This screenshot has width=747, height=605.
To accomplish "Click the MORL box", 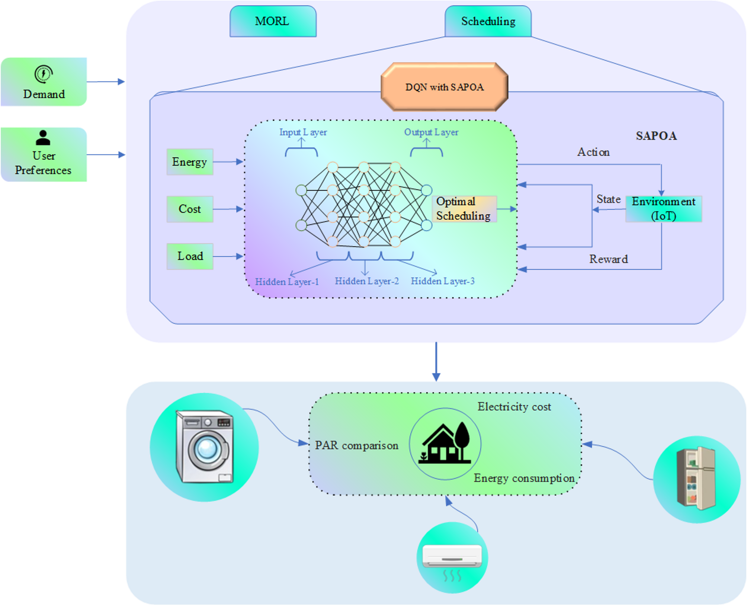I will click(273, 21).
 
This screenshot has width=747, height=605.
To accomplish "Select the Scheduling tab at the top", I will click(488, 21).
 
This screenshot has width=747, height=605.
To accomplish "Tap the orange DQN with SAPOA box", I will click(444, 87).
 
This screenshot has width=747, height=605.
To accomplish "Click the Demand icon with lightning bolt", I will click(44, 74).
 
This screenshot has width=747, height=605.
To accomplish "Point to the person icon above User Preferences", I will click(43, 138).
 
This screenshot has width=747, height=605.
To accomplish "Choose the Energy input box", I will click(190, 162).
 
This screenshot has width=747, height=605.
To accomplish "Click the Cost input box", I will click(190, 209).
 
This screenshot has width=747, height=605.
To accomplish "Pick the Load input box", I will click(190, 256).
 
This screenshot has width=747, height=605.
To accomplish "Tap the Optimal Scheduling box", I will click(464, 209).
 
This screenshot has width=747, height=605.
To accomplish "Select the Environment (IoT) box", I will click(663, 209).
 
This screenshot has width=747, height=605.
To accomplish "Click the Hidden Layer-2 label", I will click(366, 281).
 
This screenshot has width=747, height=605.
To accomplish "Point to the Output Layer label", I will click(431, 132).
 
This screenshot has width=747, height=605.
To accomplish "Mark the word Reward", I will click(608, 259).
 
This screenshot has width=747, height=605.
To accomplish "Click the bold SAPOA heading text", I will click(656, 136).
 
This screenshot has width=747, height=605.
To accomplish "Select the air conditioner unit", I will click(452, 556).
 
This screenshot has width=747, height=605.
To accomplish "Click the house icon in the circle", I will click(445, 444).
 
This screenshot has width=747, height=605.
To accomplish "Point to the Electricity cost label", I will click(514, 407).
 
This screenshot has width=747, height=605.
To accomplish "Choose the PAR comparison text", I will click(356, 445).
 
